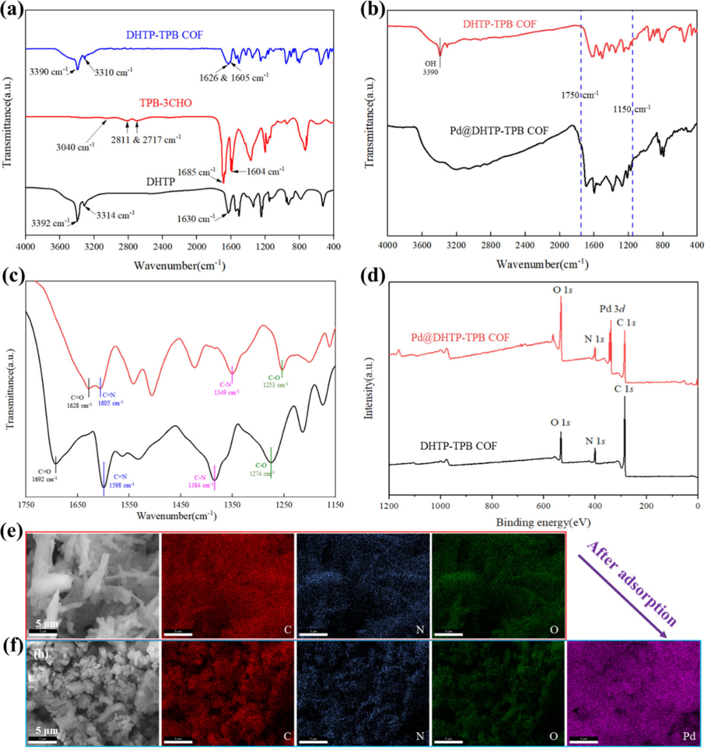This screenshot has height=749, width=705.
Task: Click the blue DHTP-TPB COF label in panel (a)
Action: (164, 35)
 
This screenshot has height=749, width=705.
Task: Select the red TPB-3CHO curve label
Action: (166, 103)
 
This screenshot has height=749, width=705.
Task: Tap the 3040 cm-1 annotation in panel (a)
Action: (75, 147)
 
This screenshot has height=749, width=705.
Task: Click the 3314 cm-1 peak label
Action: (115, 215)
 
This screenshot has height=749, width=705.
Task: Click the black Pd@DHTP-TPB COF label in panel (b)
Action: (499, 131)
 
